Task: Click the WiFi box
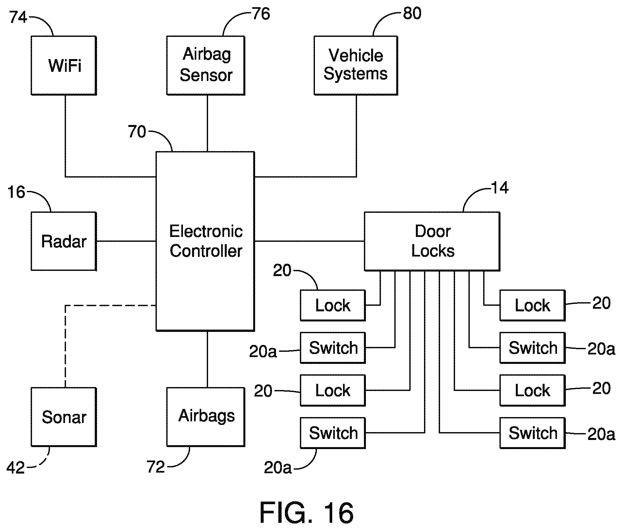(x=64, y=65)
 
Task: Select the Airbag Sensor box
(x=206, y=65)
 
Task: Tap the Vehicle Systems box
(x=356, y=65)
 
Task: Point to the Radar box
(x=64, y=241)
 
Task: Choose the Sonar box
(x=64, y=417)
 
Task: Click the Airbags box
(x=206, y=417)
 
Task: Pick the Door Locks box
(x=432, y=241)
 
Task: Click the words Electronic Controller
(x=206, y=241)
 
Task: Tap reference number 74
(x=18, y=17)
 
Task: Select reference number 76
(x=261, y=14)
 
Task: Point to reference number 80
(x=412, y=13)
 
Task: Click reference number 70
(x=137, y=132)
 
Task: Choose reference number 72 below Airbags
(x=155, y=467)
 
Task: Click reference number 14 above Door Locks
(x=499, y=188)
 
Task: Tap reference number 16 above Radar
(x=16, y=192)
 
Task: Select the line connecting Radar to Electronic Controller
(x=126, y=242)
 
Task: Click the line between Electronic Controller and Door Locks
(x=309, y=242)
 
